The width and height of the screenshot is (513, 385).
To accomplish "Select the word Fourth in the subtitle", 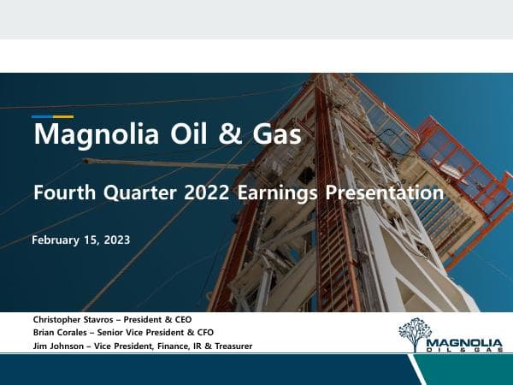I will tap(62, 193).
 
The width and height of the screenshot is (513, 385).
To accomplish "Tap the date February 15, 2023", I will tap(80, 240).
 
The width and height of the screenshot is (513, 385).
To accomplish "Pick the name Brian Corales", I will tap(58, 332).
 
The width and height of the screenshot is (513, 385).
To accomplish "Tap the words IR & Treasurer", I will tap(221, 346).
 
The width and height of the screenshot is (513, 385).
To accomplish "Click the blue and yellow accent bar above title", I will tap(52, 116).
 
